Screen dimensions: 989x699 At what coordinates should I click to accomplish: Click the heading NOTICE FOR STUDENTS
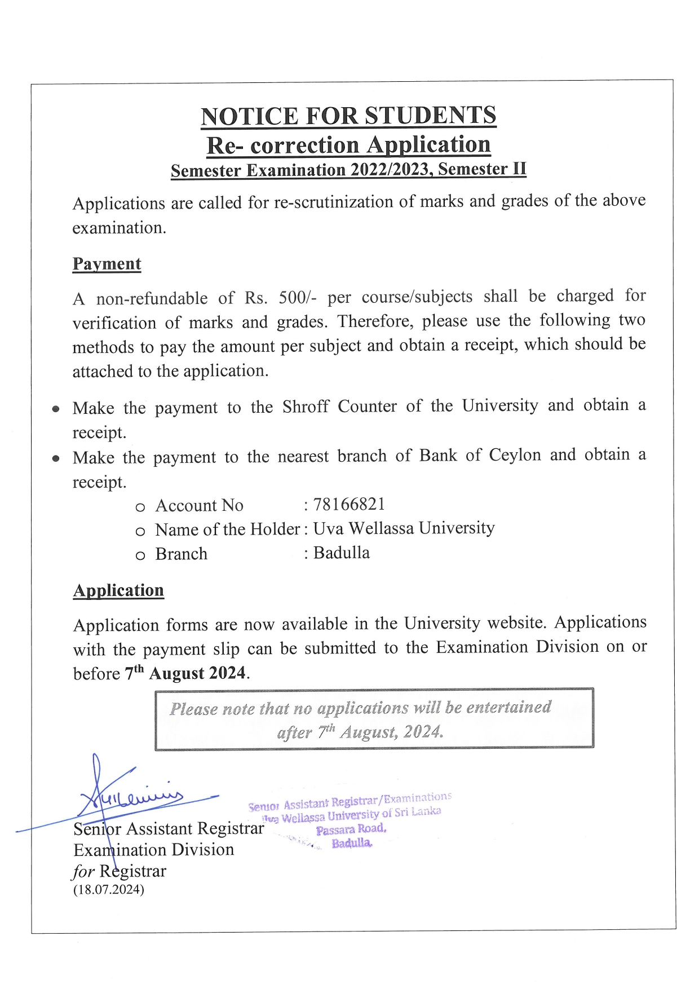[x=348, y=116]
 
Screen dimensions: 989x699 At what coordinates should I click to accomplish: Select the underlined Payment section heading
[x=107, y=264]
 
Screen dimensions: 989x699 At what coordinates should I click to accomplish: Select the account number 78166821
[x=349, y=504]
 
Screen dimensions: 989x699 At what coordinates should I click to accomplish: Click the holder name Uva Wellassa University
[x=404, y=528]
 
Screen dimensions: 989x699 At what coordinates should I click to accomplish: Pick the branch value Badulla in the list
[x=342, y=553]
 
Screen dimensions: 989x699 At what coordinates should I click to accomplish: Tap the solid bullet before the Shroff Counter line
[x=56, y=409]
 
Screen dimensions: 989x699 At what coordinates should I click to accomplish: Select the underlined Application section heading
[x=118, y=590]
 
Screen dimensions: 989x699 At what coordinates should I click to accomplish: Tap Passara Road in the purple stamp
[x=351, y=829]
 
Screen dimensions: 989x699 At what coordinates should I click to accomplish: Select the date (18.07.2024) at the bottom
[x=108, y=890]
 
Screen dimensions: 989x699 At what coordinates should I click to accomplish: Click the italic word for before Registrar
[x=83, y=872]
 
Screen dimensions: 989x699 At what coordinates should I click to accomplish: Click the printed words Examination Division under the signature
[x=153, y=850]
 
